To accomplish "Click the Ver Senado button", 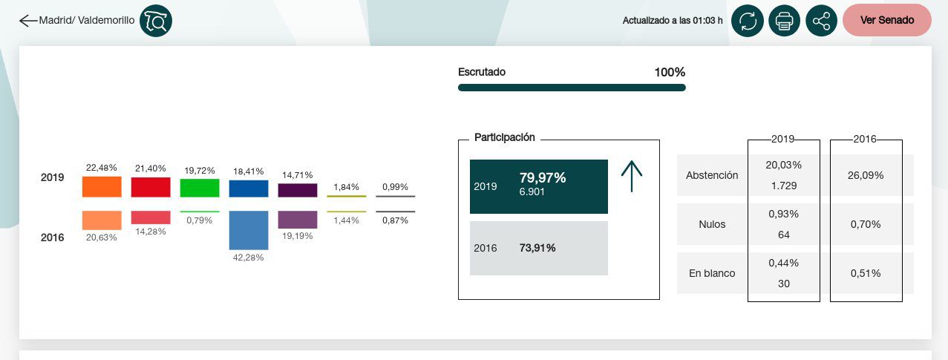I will coord(886,20).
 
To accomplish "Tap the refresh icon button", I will coord(748,21).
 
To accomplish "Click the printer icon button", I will coord(784,21).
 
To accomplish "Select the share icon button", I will coord(821,21).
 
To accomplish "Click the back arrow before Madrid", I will coord(27,21).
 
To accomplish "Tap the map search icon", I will coord(156,21).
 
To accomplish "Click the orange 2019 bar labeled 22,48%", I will coord(102,187).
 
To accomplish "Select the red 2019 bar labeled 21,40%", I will coord(151,187).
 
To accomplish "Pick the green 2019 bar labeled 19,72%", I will coord(200,188).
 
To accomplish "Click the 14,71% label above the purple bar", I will coord(297,174).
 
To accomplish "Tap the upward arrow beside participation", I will coord(631,177).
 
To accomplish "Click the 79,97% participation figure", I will coord(543,178).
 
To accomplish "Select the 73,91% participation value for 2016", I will coord(537,248).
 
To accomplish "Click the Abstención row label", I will coord(712,176).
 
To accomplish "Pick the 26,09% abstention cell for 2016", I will coord(866,176).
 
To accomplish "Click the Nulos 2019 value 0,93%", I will coord(783,214).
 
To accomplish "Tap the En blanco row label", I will coord(712,273).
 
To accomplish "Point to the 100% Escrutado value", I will coord(669,73).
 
